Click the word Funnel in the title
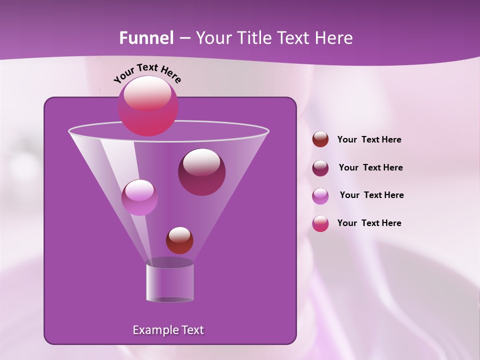pyautogui.click(x=146, y=38)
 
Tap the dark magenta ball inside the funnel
pyautogui.click(x=201, y=172)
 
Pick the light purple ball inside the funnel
pyautogui.click(x=139, y=197)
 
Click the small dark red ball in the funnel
pyautogui.click(x=179, y=240)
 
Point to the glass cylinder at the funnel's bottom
pyautogui.click(x=170, y=282)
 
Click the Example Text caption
pyautogui.click(x=168, y=330)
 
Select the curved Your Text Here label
pyautogui.click(x=147, y=73)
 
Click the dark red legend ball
pyautogui.click(x=320, y=139)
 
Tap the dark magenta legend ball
pyautogui.click(x=320, y=168)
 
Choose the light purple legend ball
pyautogui.click(x=320, y=196)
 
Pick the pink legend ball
pyautogui.click(x=320, y=223)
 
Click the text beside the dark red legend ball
pyautogui.click(x=369, y=139)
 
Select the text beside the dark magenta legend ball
pyautogui.click(x=370, y=167)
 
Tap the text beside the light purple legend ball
pyautogui.click(x=371, y=195)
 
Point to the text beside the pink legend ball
pyautogui.click(x=369, y=223)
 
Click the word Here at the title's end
pyautogui.click(x=335, y=38)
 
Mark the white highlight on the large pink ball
pyautogui.click(x=147, y=94)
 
